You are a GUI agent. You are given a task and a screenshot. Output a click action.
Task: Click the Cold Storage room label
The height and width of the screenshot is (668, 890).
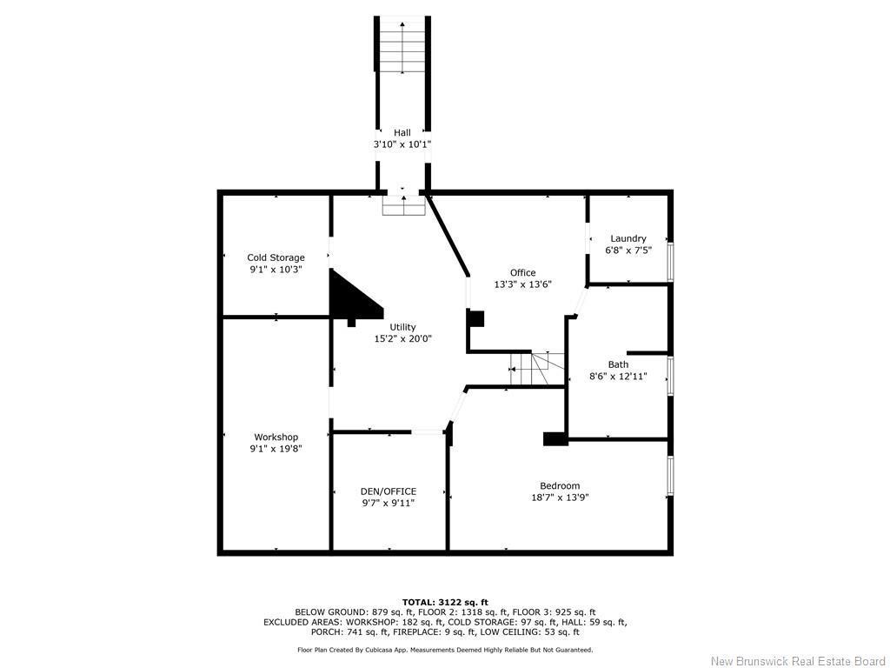pyautogui.click(x=276, y=257)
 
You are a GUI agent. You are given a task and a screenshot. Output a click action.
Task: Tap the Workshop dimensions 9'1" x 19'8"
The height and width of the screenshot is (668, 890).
pyautogui.click(x=276, y=449)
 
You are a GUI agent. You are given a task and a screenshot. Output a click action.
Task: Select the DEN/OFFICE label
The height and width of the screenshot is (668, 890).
pyautogui.click(x=389, y=491)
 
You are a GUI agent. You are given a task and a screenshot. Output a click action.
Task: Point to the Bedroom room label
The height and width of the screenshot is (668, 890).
pyautogui.click(x=560, y=485)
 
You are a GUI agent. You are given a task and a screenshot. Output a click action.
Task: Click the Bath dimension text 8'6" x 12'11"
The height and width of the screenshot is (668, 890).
pyautogui.click(x=618, y=377)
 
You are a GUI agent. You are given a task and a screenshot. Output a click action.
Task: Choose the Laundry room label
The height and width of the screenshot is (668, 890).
pyautogui.click(x=628, y=238)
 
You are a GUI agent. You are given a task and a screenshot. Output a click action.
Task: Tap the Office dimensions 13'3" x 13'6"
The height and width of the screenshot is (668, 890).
pyautogui.click(x=522, y=284)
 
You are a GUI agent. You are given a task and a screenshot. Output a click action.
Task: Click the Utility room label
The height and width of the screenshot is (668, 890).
pyautogui.click(x=402, y=327)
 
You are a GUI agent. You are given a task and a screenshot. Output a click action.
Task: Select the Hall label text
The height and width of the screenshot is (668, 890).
pyautogui.click(x=402, y=132)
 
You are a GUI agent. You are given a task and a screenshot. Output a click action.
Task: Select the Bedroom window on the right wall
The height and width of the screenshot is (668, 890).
pyautogui.click(x=670, y=476)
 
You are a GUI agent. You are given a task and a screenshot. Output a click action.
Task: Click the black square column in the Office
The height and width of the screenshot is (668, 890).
pyautogui.click(x=475, y=318)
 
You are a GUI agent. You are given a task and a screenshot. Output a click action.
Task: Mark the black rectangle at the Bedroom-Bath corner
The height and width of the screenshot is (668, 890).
pyautogui.click(x=555, y=439)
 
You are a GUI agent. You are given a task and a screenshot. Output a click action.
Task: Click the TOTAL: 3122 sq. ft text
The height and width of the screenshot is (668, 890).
pyautogui.click(x=445, y=602)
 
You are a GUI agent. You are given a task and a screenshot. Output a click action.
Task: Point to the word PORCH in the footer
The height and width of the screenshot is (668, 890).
pyautogui.click(x=280, y=633)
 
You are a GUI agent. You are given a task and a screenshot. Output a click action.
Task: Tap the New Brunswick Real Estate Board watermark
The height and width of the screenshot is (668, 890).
pyautogui.click(x=798, y=661)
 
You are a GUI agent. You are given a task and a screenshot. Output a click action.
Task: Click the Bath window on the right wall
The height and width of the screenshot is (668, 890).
pyautogui.click(x=670, y=376)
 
